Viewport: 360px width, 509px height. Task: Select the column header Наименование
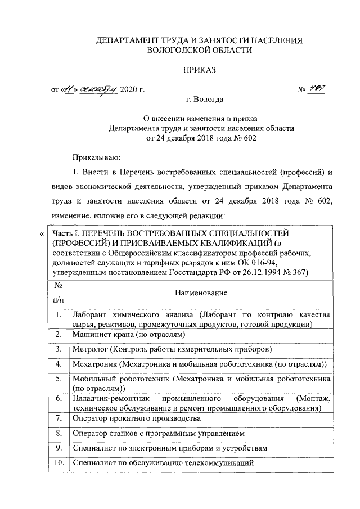(201, 293)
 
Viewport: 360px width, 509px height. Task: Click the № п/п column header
(57, 293)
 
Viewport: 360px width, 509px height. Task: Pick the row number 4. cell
(57, 364)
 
